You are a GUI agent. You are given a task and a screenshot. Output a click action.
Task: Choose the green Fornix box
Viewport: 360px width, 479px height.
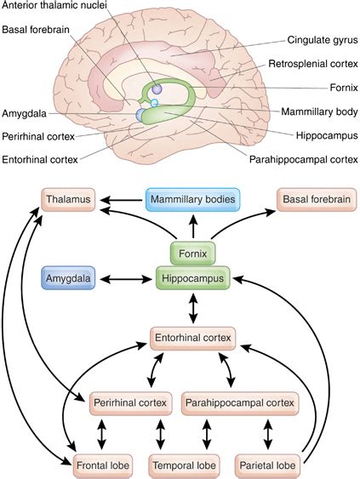192,253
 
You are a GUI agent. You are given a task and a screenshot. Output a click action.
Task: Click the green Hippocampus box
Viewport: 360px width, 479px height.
192,277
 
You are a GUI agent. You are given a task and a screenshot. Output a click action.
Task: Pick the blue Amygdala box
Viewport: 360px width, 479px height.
71,277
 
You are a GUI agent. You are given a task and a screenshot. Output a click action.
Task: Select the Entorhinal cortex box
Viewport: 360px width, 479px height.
192,338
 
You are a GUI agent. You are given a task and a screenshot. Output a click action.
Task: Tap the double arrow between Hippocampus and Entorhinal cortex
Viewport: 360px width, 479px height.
192,307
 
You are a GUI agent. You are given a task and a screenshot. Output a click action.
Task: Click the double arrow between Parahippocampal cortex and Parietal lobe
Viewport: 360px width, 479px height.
269,434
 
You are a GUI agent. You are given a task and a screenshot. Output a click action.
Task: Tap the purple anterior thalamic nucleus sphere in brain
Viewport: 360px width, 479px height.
157,89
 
